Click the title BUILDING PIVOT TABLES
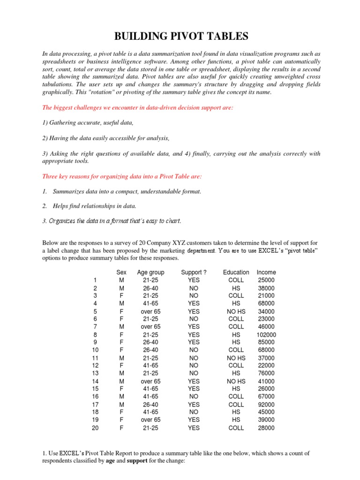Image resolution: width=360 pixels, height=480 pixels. (180, 36)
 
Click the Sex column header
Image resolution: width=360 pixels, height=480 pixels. (121, 272)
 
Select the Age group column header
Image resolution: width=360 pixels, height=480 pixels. (150, 272)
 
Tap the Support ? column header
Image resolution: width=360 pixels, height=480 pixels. (194, 272)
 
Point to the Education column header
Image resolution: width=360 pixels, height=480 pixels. (236, 272)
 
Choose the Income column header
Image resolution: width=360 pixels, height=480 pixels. (266, 272)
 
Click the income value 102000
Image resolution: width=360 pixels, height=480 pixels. (266, 335)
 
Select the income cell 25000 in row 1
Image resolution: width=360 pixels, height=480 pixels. (266, 280)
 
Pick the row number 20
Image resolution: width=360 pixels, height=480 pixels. (96, 428)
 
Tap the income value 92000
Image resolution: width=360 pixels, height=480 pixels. (266, 405)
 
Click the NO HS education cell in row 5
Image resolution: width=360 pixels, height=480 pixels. (236, 311)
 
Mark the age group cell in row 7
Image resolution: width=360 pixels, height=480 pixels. (150, 327)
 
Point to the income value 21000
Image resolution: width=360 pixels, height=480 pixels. (266, 296)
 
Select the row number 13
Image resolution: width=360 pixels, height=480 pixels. (96, 374)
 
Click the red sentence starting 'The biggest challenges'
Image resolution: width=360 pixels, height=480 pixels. (138, 108)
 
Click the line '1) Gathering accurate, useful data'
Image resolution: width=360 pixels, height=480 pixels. (88, 123)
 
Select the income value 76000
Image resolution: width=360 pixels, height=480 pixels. (266, 374)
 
